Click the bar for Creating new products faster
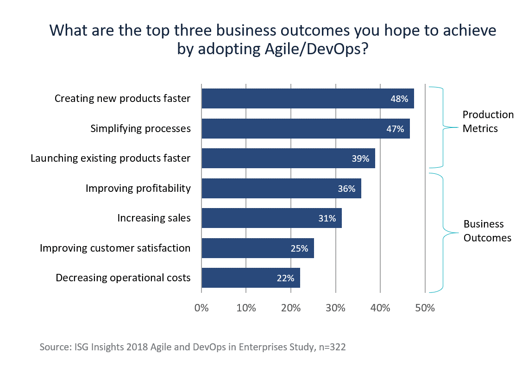308,99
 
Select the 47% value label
395,129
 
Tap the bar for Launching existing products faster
288,158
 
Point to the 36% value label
346,189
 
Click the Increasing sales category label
154,218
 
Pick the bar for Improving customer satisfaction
258,248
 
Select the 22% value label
285,278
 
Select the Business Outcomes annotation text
487,231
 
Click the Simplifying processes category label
140,128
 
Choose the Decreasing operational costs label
123,278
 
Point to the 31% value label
327,218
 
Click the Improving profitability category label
138,188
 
